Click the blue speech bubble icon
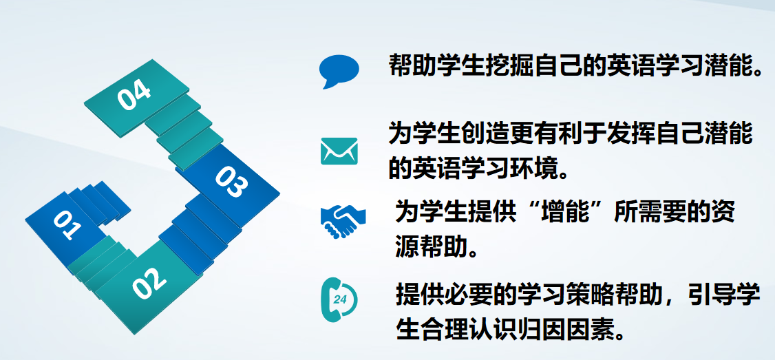[x=339, y=71]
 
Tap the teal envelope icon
[x=339, y=151]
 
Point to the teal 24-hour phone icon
[x=339, y=299]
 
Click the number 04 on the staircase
[x=134, y=96]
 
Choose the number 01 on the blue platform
[x=67, y=224]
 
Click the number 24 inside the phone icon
[x=340, y=299]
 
